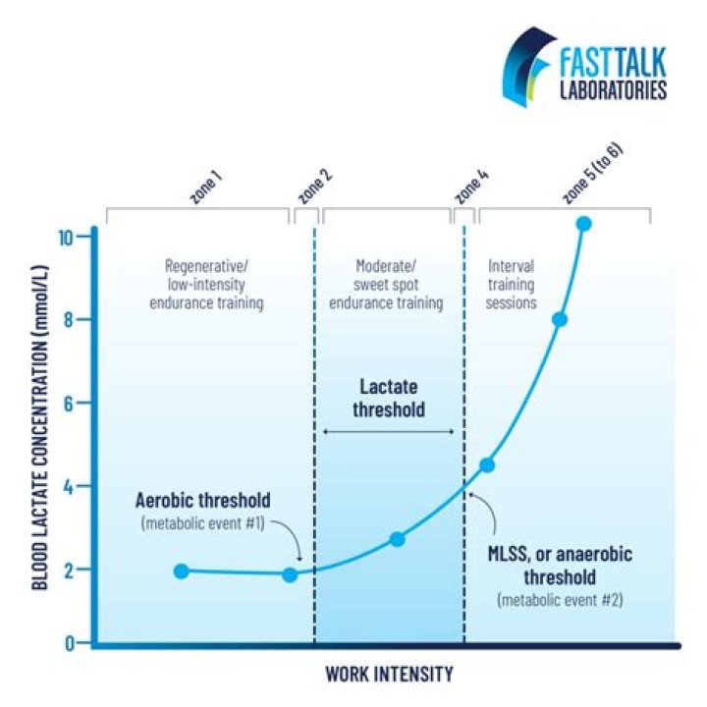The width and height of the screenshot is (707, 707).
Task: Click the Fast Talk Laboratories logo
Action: pos(585,67)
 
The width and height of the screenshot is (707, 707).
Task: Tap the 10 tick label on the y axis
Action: pos(65,238)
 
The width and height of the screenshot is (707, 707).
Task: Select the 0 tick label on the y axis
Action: pos(69,643)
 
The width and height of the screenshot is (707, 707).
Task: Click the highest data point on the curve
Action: pos(584,223)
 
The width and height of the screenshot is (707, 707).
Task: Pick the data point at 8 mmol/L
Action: pos(560,320)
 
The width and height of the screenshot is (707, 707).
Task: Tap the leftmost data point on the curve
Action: pos(182,571)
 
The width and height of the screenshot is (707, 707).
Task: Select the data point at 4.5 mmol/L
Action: pos(487,465)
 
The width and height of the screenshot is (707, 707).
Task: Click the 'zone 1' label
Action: pos(206,189)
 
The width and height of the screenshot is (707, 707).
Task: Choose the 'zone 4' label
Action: pos(471,187)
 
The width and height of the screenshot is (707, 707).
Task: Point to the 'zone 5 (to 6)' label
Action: pos(593,174)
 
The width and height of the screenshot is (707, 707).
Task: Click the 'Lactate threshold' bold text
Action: pos(388,398)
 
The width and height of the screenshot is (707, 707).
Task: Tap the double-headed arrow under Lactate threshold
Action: pos(388,432)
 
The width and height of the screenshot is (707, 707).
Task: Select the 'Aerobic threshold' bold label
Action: pos(203,501)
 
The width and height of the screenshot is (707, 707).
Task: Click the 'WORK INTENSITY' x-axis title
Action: pos(389,674)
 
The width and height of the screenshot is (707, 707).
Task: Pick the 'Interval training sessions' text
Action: pos(511,284)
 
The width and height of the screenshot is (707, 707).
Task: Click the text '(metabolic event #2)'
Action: pos(560,600)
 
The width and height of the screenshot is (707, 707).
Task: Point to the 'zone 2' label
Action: pos(315,187)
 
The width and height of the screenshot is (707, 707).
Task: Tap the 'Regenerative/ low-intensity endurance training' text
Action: pos(206,284)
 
